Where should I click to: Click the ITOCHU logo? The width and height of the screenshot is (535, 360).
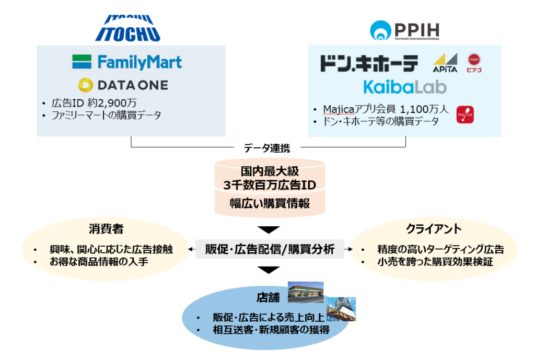point(128,28)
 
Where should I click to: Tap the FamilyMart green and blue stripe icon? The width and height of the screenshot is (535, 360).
point(82,62)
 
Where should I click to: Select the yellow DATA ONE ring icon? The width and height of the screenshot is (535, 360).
point(85,85)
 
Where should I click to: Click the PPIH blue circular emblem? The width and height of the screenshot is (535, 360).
point(380,30)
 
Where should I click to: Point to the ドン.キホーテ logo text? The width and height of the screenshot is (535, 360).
point(369,63)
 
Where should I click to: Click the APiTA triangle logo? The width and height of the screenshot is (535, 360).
point(445,63)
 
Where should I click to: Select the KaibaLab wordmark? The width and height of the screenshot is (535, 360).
point(405,87)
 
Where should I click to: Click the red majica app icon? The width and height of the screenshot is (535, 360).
point(465,114)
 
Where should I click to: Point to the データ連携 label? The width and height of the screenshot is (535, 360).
point(267,148)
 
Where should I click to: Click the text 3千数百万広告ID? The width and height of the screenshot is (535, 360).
point(270,185)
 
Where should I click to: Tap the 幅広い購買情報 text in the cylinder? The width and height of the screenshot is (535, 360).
point(270,203)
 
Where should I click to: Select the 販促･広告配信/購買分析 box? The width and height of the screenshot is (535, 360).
point(270,249)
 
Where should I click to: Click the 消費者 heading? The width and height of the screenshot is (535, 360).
point(106,229)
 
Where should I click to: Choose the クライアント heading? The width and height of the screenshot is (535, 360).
point(434,229)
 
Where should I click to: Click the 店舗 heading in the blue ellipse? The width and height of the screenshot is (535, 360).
point(268,297)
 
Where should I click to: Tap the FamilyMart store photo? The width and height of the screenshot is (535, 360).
point(306,292)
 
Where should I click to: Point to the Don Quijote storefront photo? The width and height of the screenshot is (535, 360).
point(341,309)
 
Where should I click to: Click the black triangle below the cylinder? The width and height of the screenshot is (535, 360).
point(269,230)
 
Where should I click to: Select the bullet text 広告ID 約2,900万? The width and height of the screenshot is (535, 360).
point(94,103)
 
